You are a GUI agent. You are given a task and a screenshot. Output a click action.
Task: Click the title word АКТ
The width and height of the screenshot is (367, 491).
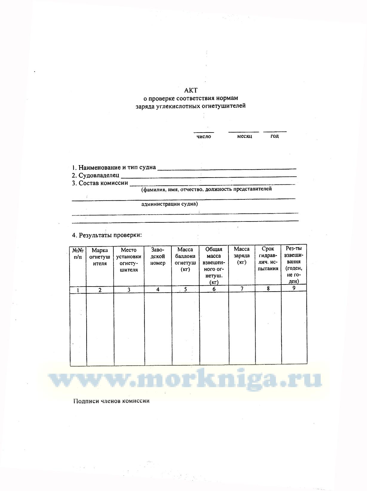click(191, 90)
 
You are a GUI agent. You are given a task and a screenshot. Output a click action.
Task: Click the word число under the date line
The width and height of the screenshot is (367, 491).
click(204, 137)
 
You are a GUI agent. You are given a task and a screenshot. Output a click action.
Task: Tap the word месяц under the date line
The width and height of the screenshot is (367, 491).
click(245, 136)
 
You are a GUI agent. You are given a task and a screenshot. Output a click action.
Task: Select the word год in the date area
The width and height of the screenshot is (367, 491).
click(274, 136)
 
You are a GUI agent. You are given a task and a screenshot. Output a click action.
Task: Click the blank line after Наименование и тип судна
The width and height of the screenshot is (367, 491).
click(227, 168)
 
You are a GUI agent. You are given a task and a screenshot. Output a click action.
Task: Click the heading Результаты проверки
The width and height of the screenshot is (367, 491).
click(107, 235)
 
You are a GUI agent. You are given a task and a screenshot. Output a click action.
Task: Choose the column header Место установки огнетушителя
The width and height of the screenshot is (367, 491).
click(129, 260)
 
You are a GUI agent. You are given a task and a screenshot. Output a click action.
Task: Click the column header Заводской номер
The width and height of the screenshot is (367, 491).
click(158, 256)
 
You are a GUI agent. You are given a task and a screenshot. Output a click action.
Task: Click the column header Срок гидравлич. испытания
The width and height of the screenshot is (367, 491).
click(268, 258)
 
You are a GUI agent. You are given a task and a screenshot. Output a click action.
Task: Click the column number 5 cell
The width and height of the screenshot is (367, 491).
click(185, 289)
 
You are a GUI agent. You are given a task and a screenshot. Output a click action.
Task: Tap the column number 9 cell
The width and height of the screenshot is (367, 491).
click(294, 288)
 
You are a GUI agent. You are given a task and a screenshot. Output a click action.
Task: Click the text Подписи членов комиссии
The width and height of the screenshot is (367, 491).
click(111, 401)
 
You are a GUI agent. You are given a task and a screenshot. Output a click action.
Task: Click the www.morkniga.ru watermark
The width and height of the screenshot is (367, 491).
click(185, 380)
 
